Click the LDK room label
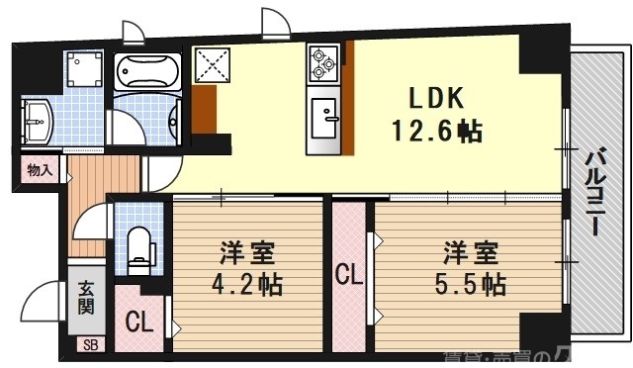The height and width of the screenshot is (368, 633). (x=432, y=100)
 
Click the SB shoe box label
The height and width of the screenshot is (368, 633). (x=90, y=345)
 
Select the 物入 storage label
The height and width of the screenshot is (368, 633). (x=41, y=170)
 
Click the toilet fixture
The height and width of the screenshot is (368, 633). (x=139, y=247)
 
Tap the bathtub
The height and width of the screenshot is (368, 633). (x=146, y=71)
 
